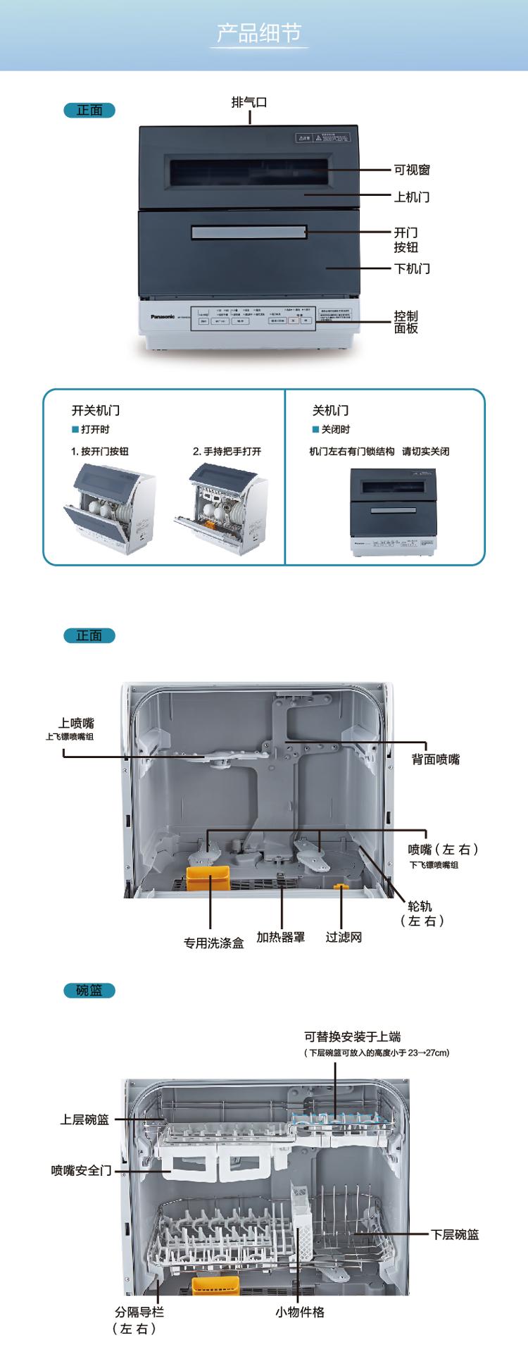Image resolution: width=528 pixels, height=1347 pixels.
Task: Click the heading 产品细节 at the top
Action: point(259,33)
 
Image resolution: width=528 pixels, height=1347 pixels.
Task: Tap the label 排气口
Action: point(249,103)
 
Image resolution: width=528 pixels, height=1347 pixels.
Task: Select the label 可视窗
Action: point(412,170)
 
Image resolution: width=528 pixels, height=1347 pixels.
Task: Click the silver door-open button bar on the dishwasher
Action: point(249,232)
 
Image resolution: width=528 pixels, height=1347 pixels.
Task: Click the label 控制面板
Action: point(406,322)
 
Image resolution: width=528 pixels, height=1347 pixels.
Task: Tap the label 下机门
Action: point(412,268)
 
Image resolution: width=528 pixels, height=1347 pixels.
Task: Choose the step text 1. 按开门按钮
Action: point(100,451)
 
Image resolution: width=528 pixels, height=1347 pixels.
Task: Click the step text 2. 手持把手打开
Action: point(227,451)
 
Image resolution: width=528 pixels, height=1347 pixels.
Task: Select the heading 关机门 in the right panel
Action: point(330,410)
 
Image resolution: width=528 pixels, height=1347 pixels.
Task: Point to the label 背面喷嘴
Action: point(436,759)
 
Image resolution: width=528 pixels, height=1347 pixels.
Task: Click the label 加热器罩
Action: point(281,937)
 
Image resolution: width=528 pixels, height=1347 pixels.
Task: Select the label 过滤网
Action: point(344,937)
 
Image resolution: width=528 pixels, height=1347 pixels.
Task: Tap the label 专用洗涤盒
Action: point(214,943)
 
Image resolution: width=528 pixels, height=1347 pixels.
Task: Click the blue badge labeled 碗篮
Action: point(89,991)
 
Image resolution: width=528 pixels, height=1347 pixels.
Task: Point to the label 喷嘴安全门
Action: point(82,1170)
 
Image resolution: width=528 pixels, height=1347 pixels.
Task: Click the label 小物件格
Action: point(300,1312)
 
